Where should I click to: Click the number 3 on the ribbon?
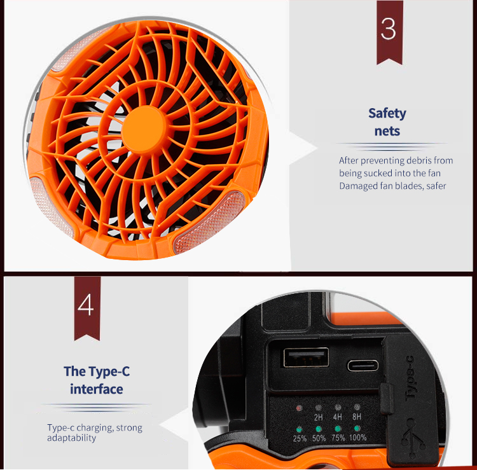pos(389,29)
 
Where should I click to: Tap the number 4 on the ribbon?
pos(86,305)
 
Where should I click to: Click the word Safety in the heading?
pos(387,114)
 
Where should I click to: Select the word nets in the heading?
pos(387,131)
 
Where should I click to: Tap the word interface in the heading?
pos(97,389)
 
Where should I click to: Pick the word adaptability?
pos(71,438)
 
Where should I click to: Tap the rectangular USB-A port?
pos(306,357)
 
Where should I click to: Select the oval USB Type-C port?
pos(363,366)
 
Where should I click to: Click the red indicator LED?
pos(300,408)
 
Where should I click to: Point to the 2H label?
pos(319,417)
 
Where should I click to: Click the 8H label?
pos(357,417)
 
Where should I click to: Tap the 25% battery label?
pos(300,438)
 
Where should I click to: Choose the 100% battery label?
pos(357,438)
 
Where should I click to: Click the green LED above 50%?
pos(319,429)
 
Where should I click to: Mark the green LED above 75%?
pos(338,429)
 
